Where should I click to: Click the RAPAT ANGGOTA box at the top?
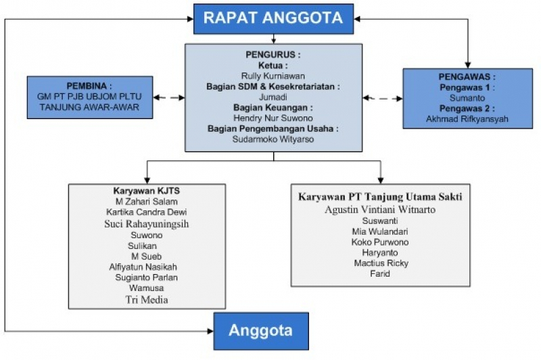pyautogui.click(x=273, y=19)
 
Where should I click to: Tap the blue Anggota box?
pyautogui.click(x=261, y=331)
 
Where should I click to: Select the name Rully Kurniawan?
pyautogui.click(x=273, y=76)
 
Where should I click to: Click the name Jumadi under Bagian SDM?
pyautogui.click(x=273, y=97)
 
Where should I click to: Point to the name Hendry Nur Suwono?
pyautogui.click(x=273, y=118)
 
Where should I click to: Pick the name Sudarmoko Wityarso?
pyautogui.click(x=273, y=139)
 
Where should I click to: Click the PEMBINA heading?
pyautogui.click(x=89, y=86)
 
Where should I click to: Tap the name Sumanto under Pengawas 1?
pyautogui.click(x=467, y=98)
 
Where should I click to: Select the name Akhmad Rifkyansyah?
pyautogui.click(x=467, y=119)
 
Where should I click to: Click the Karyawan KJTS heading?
pyautogui.click(x=147, y=191)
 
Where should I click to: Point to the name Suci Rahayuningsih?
pyautogui.click(x=147, y=224)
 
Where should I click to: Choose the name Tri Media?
pyautogui.click(x=147, y=300)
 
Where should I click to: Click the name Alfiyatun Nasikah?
pyautogui.click(x=143, y=267)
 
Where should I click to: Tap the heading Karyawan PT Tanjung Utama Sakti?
pyautogui.click(x=380, y=197)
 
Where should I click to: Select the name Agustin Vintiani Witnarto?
pyautogui.click(x=380, y=210)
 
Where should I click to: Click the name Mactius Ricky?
pyautogui.click(x=381, y=263)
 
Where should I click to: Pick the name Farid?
pyautogui.click(x=380, y=273)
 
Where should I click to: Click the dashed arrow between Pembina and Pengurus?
pyautogui.click(x=168, y=97)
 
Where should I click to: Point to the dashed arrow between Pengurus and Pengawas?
pyautogui.click(x=383, y=98)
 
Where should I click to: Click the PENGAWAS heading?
pyautogui.click(x=467, y=76)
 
